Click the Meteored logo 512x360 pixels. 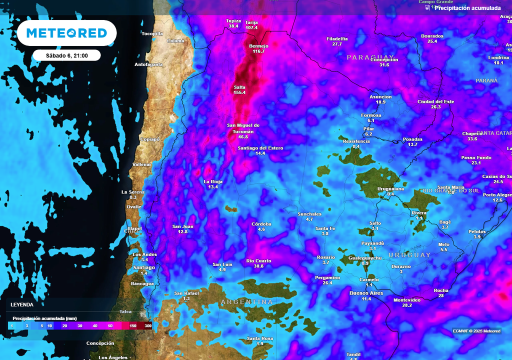coord(66,33)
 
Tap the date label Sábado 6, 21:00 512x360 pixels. coord(66,55)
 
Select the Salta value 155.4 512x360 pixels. coord(240,92)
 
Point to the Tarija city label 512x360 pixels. coord(251,22)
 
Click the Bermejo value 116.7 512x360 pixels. coord(258,51)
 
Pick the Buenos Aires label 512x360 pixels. coord(366,293)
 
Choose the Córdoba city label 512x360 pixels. coord(261,224)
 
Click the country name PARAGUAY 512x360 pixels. coord(371,57)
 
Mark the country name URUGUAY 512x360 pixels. coord(409,255)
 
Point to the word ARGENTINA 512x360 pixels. coord(247,302)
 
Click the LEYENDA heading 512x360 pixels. coord(22,304)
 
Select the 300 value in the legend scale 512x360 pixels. coord(148,326)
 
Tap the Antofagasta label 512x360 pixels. coord(148,64)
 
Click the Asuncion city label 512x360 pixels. coord(380,96)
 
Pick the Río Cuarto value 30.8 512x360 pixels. coord(258,266)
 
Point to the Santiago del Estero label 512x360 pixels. coord(260,148)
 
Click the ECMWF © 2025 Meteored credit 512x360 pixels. coord(476,331)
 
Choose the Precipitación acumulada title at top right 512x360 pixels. coord(467,8)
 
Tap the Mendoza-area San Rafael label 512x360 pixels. coord(186,293)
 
